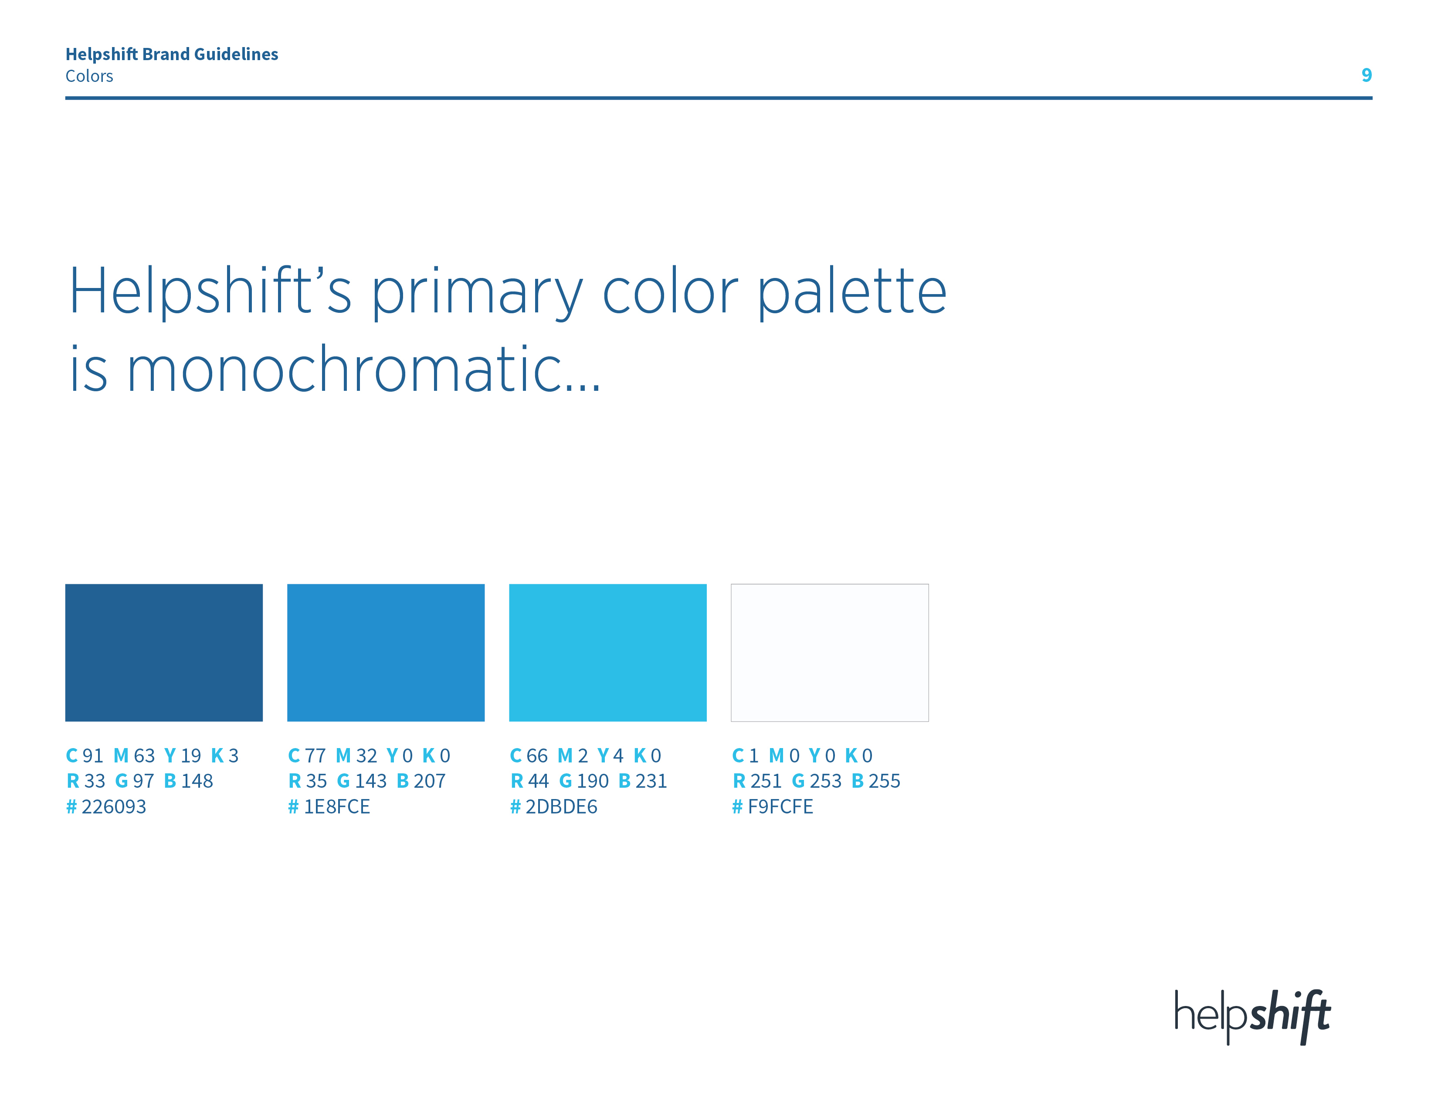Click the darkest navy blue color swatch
pos(164,652)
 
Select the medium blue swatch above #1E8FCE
pos(386,652)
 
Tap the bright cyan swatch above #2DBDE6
pos(608,652)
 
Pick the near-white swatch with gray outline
pos(830,652)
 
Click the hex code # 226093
pos(106,806)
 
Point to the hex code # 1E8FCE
pos(329,806)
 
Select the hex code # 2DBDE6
pos(554,806)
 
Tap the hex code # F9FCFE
pos(773,806)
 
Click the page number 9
pos(1366,75)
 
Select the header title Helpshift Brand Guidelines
pos(172,54)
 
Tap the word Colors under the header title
pos(89,76)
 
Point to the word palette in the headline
pos(852,291)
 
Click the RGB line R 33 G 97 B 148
pos(139,781)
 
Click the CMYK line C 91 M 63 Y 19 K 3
pos(152,755)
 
